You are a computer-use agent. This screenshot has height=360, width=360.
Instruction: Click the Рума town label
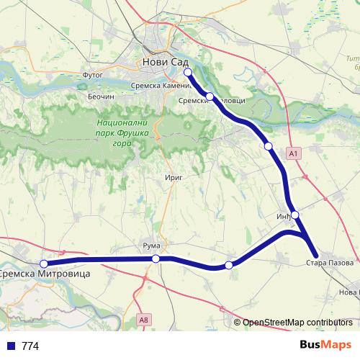tap(151, 246)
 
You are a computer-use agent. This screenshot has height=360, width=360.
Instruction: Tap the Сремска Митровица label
tap(35, 274)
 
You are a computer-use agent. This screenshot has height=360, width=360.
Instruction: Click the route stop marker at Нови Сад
tap(188, 72)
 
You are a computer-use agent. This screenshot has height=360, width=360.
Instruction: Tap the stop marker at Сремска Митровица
tap(44, 264)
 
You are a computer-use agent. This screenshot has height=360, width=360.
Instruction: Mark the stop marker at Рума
tap(156, 258)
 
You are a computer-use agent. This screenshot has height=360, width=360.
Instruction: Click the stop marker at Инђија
tap(295, 215)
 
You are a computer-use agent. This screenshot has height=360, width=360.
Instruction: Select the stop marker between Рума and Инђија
tap(229, 266)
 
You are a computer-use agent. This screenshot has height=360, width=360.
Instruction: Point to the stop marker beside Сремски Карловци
tap(210, 96)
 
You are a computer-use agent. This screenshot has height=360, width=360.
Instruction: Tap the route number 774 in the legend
tap(30, 346)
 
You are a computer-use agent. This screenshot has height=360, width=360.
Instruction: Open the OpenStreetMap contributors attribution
tap(298, 323)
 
